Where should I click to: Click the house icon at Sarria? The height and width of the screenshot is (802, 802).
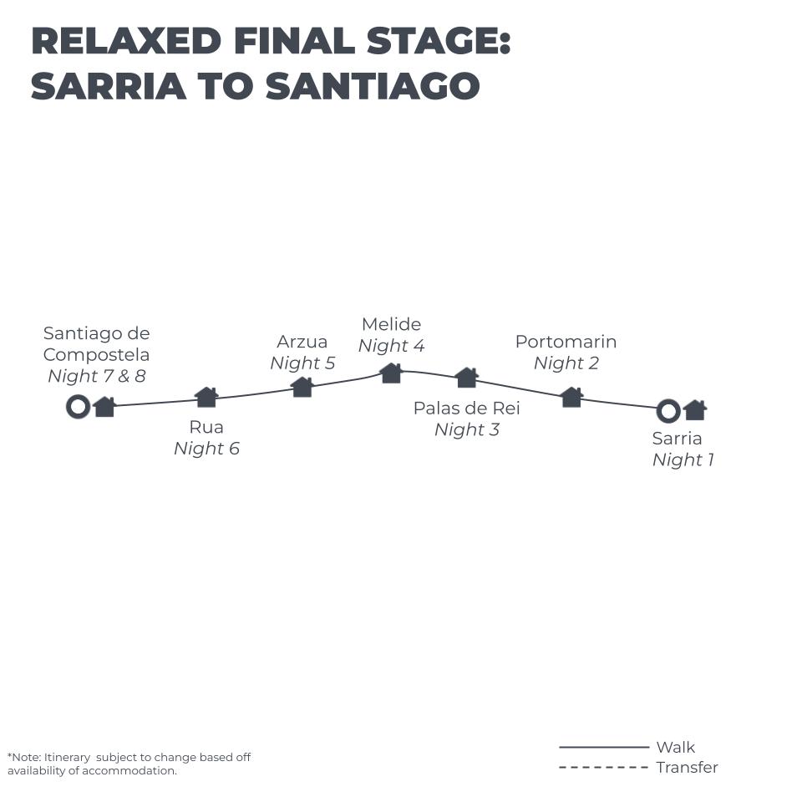(695, 409)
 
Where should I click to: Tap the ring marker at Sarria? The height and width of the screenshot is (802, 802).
(667, 410)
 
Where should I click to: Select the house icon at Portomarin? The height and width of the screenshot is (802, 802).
(571, 397)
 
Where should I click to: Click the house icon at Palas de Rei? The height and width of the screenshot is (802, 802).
(467, 378)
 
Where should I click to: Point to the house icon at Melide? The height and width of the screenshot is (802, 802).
(391, 373)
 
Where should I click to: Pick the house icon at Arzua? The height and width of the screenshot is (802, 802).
(302, 386)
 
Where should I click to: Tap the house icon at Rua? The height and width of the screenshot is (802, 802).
(206, 397)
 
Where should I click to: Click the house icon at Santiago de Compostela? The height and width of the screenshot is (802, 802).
(104, 407)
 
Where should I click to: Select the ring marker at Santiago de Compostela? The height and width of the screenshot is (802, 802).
(78, 407)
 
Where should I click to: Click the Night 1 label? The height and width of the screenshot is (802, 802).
(683, 459)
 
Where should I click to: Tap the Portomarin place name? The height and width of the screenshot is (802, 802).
(566, 342)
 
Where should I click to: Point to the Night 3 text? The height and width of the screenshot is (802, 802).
(467, 429)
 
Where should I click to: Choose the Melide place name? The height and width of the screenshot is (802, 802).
(391, 324)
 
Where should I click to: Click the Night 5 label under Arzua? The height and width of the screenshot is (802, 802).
(302, 363)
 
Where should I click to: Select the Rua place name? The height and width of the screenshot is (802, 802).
(206, 427)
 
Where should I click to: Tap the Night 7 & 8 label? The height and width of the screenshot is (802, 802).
(96, 376)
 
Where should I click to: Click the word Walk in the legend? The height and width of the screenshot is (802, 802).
(675, 748)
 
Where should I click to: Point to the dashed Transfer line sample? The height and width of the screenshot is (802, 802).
(603, 768)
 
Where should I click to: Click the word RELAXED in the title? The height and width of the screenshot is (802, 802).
(126, 42)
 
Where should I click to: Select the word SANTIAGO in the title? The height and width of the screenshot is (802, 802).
(373, 86)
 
